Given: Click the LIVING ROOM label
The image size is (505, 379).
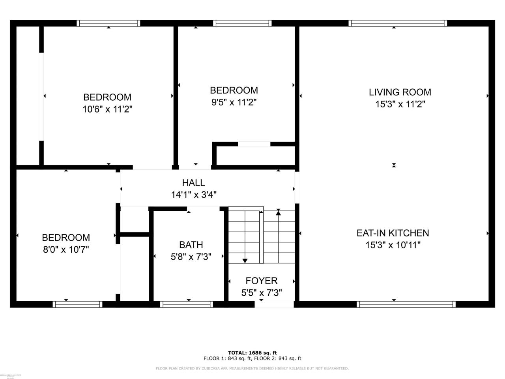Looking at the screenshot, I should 400,92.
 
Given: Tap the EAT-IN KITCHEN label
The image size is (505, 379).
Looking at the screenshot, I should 393,233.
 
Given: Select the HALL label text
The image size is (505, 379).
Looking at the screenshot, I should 193,183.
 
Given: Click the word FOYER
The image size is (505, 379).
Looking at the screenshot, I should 261,281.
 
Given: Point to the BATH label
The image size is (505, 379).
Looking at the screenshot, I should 191,245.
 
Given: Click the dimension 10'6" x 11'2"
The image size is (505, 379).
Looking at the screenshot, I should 107,109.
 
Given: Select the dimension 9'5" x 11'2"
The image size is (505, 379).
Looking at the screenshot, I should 234,103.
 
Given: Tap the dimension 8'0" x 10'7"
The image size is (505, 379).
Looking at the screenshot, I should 66,250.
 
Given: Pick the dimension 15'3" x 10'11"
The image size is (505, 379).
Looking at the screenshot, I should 393,245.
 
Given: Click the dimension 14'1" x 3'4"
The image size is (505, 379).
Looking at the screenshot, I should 193,195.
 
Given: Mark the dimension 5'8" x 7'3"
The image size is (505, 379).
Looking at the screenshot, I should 191,257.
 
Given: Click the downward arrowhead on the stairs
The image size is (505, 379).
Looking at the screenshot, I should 245,260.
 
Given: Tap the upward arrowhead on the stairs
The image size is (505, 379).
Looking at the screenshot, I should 278,213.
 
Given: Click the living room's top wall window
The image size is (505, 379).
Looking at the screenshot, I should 398,23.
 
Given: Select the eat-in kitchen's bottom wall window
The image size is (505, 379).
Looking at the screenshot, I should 406,304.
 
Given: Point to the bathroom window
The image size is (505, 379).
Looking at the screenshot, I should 187,304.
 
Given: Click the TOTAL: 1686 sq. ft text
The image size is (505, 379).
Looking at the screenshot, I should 252,353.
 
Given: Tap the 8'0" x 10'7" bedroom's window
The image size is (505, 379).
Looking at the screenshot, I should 77,304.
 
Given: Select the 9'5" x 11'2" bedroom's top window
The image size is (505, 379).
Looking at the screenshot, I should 242,23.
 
